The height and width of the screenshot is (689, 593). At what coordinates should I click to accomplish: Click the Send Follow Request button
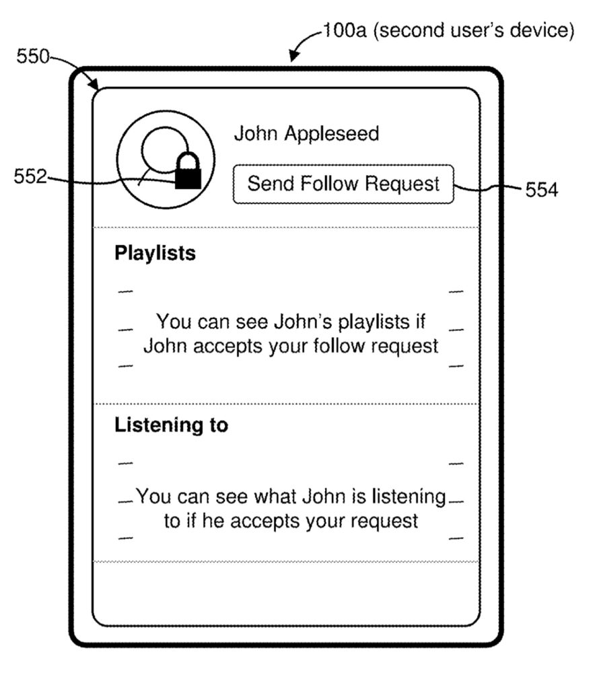[x=343, y=184]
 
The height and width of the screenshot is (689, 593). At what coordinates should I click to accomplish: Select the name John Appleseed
[x=306, y=134]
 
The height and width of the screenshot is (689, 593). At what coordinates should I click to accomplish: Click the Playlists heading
[x=155, y=254]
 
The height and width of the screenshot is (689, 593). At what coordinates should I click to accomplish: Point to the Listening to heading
[x=171, y=425]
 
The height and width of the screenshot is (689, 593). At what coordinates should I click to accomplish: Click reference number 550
[x=33, y=57]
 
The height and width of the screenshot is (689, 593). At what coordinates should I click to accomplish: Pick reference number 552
[x=31, y=177]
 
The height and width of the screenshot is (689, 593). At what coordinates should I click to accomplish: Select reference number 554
[x=542, y=190]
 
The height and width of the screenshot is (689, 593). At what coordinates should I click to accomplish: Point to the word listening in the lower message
[x=405, y=497]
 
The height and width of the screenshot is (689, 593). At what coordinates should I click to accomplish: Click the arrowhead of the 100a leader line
[x=292, y=59]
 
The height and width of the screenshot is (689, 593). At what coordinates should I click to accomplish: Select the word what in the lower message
[x=273, y=497]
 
